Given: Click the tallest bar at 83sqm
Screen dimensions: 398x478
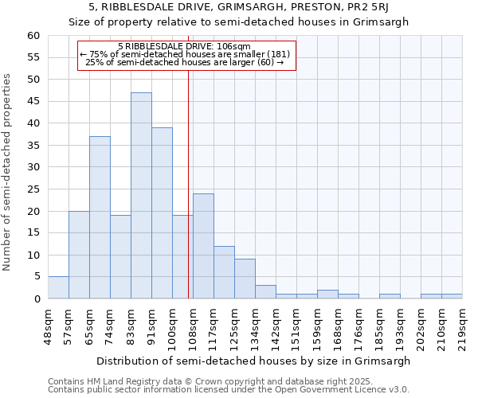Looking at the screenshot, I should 141,196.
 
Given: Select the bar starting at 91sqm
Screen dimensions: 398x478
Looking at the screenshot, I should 162,213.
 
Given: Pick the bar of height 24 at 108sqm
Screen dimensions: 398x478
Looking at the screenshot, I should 203,246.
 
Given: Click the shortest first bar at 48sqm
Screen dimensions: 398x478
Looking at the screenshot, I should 58,287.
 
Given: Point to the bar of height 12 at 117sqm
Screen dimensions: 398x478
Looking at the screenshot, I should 224,272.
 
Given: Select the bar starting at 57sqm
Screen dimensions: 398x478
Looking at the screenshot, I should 79,255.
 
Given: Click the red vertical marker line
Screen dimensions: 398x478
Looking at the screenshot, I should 188,175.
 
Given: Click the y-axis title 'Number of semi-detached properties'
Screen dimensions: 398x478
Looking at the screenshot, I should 8,172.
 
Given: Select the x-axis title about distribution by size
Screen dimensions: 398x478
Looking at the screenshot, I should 254,361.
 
